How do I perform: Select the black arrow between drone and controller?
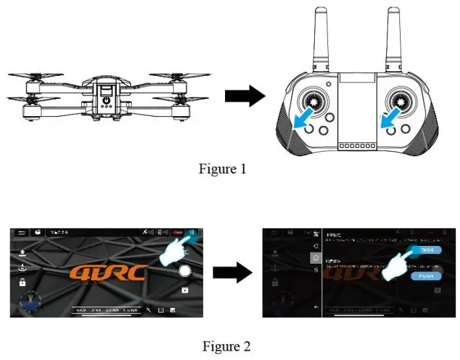click(244, 96)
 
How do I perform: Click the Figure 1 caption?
click(222, 169)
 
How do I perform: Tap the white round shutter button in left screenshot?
click(185, 271)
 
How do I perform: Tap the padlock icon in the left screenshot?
click(23, 282)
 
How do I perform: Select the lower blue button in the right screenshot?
click(425, 276)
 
